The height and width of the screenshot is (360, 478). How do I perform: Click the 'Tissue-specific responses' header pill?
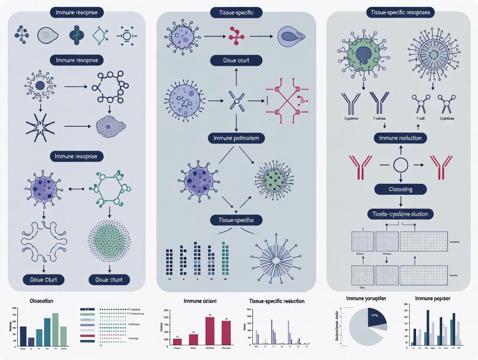[400, 13]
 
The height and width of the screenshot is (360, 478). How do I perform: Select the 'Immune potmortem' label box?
[236, 138]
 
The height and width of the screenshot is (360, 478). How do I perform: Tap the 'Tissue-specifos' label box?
[236, 220]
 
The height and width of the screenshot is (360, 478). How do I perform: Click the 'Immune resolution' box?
[400, 138]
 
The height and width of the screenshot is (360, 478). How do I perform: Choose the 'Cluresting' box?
[400, 189]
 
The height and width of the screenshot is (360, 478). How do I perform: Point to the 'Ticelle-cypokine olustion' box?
[400, 214]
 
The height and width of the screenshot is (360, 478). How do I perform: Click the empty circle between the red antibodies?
[400, 165]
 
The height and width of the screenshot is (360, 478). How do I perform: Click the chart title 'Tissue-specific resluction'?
[277, 301]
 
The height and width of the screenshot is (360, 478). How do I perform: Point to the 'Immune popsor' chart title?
[433, 299]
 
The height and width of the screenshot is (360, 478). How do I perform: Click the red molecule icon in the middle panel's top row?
[236, 36]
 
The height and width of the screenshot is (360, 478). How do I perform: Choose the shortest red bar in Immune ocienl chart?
[177, 341]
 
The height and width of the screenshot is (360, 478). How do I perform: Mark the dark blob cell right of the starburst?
[110, 126]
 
